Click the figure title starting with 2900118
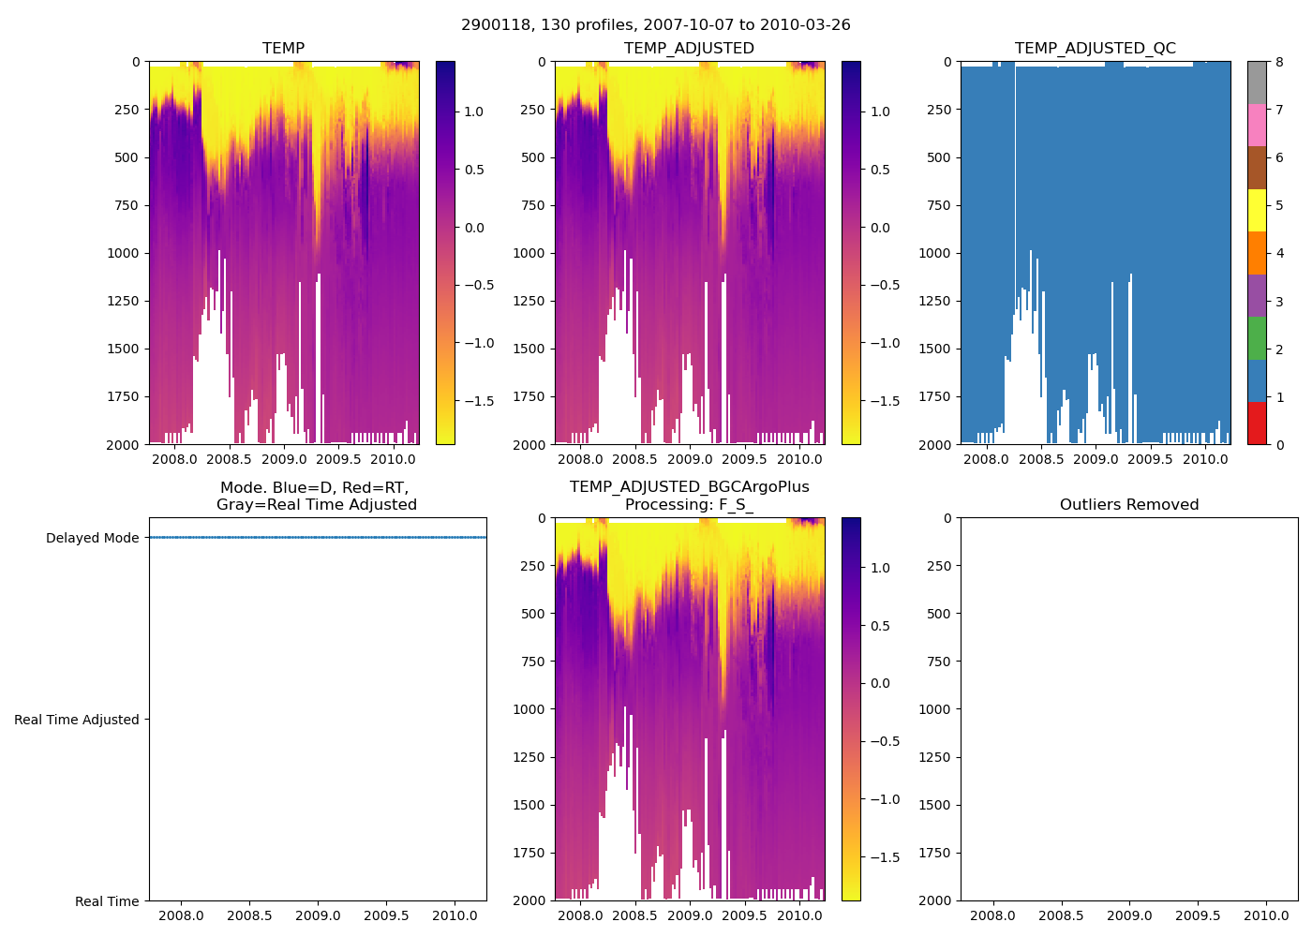click(655, 25)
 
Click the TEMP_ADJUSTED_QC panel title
click(1095, 49)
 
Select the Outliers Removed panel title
click(1128, 505)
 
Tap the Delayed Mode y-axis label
click(92, 538)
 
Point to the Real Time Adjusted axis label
click(76, 720)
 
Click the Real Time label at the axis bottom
click(107, 901)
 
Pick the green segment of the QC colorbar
click(1257, 338)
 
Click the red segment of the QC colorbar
click(1257, 424)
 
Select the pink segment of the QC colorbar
click(1257, 125)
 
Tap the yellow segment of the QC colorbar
click(1257, 210)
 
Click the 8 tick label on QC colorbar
click(1279, 62)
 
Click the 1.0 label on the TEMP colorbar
click(473, 112)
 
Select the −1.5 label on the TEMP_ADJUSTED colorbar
click(881, 401)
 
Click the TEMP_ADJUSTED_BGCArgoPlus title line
click(689, 487)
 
